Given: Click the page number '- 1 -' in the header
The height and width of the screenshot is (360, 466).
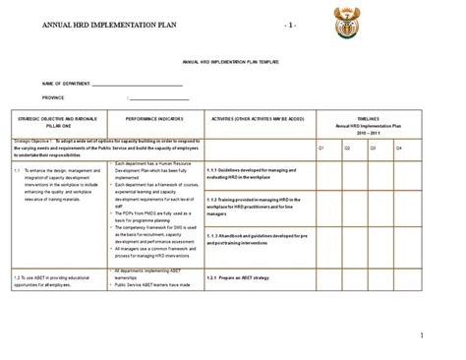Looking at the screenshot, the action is [296, 23].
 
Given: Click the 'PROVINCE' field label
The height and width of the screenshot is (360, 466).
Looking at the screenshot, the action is [56, 98].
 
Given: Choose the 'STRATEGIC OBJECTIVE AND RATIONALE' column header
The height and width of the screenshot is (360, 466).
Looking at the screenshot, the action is [61, 115].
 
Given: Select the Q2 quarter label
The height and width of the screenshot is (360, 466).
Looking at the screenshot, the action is [348, 148].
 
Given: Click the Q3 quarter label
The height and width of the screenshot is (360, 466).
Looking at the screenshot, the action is [375, 148].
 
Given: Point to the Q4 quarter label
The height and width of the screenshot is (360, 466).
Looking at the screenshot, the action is [399, 148].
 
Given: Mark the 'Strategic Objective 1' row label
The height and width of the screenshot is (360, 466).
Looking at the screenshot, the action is [36, 141].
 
